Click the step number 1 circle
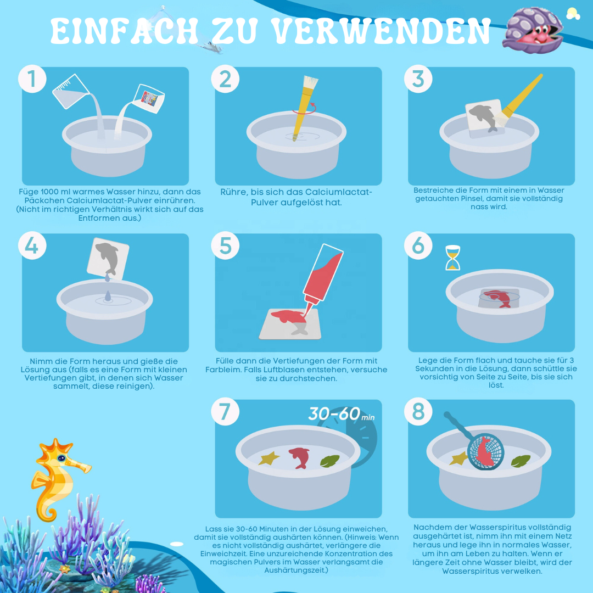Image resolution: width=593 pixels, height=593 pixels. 32,79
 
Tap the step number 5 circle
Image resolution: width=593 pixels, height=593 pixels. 225,245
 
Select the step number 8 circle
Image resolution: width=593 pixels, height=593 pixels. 418,412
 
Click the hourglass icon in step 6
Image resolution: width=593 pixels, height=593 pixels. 452,258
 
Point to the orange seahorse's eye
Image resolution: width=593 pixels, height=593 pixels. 61,458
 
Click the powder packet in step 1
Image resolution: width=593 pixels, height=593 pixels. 149,98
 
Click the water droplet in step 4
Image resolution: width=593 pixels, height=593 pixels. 107,295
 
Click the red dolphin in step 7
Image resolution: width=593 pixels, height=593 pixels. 299,457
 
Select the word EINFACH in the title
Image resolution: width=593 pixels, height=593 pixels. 124,32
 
